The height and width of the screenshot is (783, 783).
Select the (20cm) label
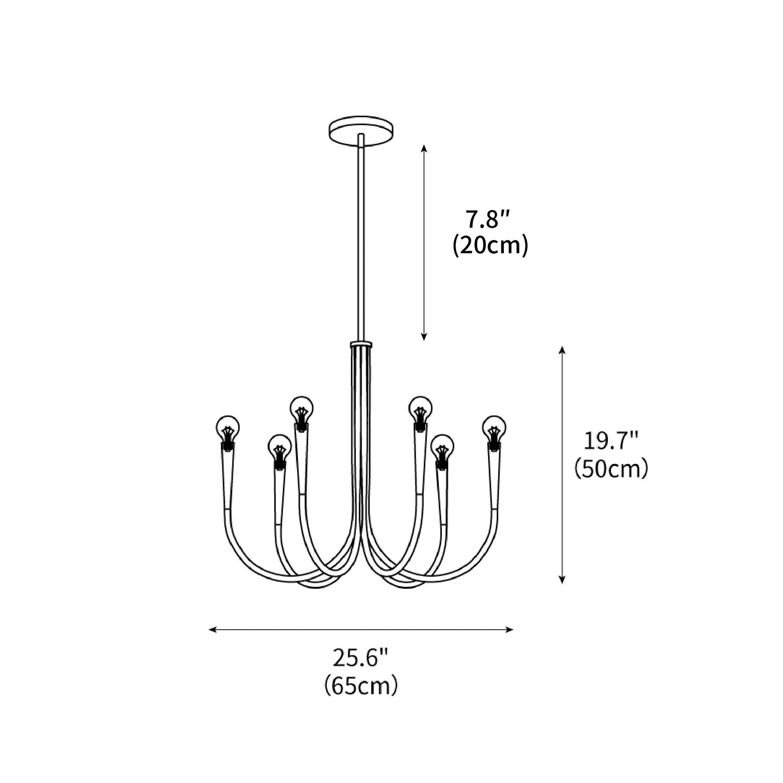pos(490,246)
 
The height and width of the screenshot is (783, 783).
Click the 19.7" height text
pos(611,441)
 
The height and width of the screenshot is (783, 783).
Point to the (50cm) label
pos(611,469)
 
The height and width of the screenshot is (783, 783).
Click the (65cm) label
pos(360,686)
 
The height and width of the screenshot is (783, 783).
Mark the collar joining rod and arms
pos(361,345)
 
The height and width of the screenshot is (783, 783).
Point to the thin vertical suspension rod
pos(361,243)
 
